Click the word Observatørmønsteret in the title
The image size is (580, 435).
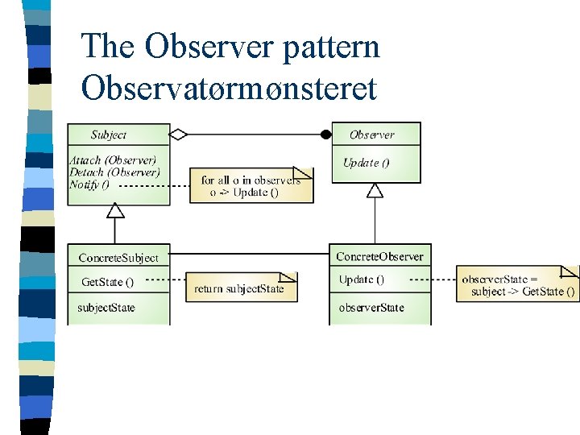coord(229,88)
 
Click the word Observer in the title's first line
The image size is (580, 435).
coord(211,47)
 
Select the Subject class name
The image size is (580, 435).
coord(109,135)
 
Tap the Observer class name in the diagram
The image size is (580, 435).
coord(371,135)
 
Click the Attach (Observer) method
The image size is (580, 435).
coord(113,160)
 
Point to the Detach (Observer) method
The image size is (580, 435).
coord(114,172)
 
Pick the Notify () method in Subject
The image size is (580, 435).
coord(89,184)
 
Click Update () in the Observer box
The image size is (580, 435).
coord(366,163)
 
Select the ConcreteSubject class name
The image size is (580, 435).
coord(118,258)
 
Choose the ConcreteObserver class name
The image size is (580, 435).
coord(379,257)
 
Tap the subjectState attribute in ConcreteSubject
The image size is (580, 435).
coord(106,308)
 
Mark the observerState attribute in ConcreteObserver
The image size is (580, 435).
coord(371,308)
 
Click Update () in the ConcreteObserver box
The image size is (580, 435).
coord(362,280)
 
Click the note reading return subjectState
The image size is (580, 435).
coord(239,288)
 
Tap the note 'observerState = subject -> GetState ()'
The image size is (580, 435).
coord(516,285)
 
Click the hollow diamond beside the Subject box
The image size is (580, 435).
coord(178,135)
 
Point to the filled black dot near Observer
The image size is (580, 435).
coord(326,135)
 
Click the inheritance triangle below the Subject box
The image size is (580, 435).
coord(116,211)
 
